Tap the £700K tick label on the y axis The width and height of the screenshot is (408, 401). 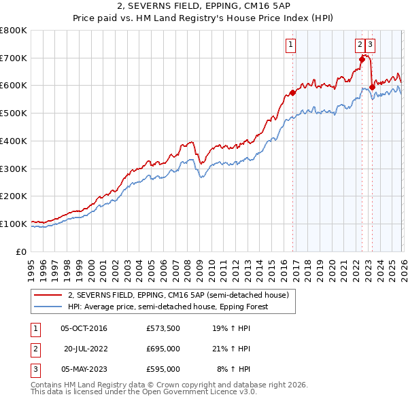[14, 58]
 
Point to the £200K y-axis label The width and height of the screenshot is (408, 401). [14, 196]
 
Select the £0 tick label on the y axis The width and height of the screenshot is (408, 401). [21, 251]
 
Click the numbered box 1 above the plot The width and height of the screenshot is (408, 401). [290, 46]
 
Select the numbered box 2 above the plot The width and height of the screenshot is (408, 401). [359, 46]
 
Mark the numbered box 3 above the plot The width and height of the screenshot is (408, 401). [370, 46]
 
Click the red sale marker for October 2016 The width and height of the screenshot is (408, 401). [292, 92]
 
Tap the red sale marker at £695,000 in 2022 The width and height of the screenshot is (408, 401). [362, 59]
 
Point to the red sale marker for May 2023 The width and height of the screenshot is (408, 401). [371, 87]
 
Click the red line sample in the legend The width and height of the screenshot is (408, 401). [48, 295]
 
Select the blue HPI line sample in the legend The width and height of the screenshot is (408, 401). [48, 307]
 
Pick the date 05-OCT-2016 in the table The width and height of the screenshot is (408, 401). [84, 328]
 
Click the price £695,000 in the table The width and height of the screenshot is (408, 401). [163, 349]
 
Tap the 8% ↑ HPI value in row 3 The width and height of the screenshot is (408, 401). [233, 369]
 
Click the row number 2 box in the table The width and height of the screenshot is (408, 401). [35, 349]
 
